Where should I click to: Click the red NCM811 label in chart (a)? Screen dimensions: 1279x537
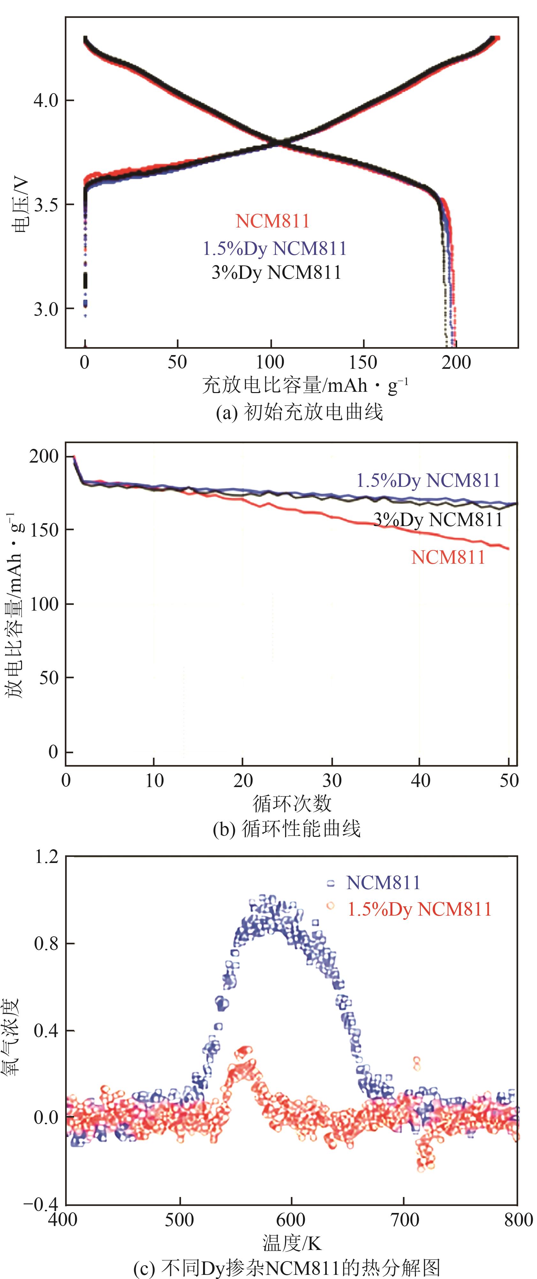tap(272, 221)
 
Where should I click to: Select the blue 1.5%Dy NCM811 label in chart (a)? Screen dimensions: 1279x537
tap(274, 248)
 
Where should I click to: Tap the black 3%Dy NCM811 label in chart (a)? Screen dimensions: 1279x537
tap(276, 272)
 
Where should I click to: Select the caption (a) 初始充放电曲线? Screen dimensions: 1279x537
tap(299, 412)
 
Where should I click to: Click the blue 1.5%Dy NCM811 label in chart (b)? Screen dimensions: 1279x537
tap(428, 480)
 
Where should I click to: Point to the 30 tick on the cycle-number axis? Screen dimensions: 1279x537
tap(332, 780)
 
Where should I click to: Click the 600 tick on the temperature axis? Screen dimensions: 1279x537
tap(291, 1220)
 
